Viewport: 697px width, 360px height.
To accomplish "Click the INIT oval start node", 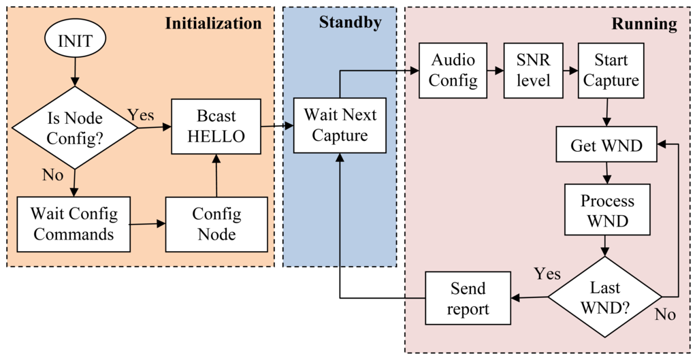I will [x=75, y=39].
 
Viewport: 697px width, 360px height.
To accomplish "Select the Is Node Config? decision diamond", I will [x=75, y=127].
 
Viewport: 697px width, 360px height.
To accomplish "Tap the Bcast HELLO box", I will [x=216, y=127].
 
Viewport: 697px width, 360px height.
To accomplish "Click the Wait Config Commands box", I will [x=74, y=224].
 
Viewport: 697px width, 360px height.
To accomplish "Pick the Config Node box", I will [x=216, y=224].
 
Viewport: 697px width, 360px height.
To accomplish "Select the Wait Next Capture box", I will [x=339, y=125].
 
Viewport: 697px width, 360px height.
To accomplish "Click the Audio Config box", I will [x=453, y=70].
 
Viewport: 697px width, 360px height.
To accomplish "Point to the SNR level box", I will [x=532, y=70].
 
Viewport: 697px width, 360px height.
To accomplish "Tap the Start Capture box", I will [x=611, y=70].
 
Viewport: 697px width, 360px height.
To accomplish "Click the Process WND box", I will [x=606, y=211].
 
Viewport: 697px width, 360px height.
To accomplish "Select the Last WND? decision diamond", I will [x=605, y=297].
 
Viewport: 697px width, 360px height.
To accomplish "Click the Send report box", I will [x=468, y=298].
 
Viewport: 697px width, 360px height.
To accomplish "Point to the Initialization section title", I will [x=213, y=23].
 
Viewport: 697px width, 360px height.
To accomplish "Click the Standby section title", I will [x=350, y=22].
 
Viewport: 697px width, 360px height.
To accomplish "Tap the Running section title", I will [x=644, y=24].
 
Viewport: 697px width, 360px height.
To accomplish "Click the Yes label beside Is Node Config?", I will [x=141, y=114].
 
